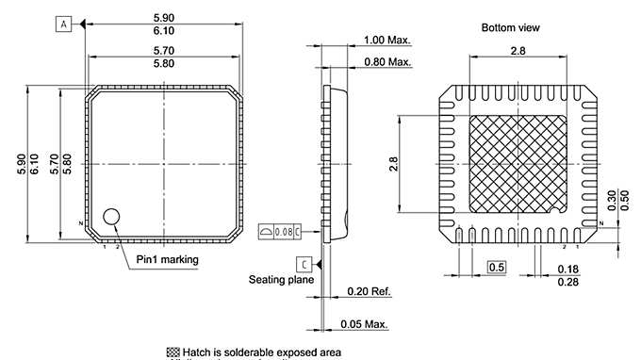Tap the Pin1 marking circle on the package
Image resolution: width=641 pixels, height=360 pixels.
click(x=112, y=217)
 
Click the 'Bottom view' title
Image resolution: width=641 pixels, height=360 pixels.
click(x=511, y=28)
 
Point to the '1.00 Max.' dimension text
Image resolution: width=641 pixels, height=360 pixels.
click(x=387, y=41)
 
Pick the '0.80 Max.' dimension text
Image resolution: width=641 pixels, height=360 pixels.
click(x=387, y=62)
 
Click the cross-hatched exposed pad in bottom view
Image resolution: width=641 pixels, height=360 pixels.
click(x=518, y=164)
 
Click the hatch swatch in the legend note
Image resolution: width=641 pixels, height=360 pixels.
click(x=173, y=352)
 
